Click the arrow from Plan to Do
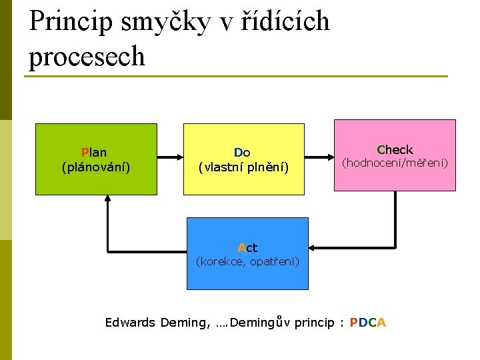(171, 158)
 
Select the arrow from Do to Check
(319, 158)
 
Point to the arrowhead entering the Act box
(313, 249)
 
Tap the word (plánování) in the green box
(95, 167)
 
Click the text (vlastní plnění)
(243, 167)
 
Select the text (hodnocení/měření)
(395, 163)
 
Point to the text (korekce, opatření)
(247, 261)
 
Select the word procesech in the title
(87, 56)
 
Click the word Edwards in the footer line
(130, 323)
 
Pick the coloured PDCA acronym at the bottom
(367, 323)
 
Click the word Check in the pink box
(395, 150)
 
